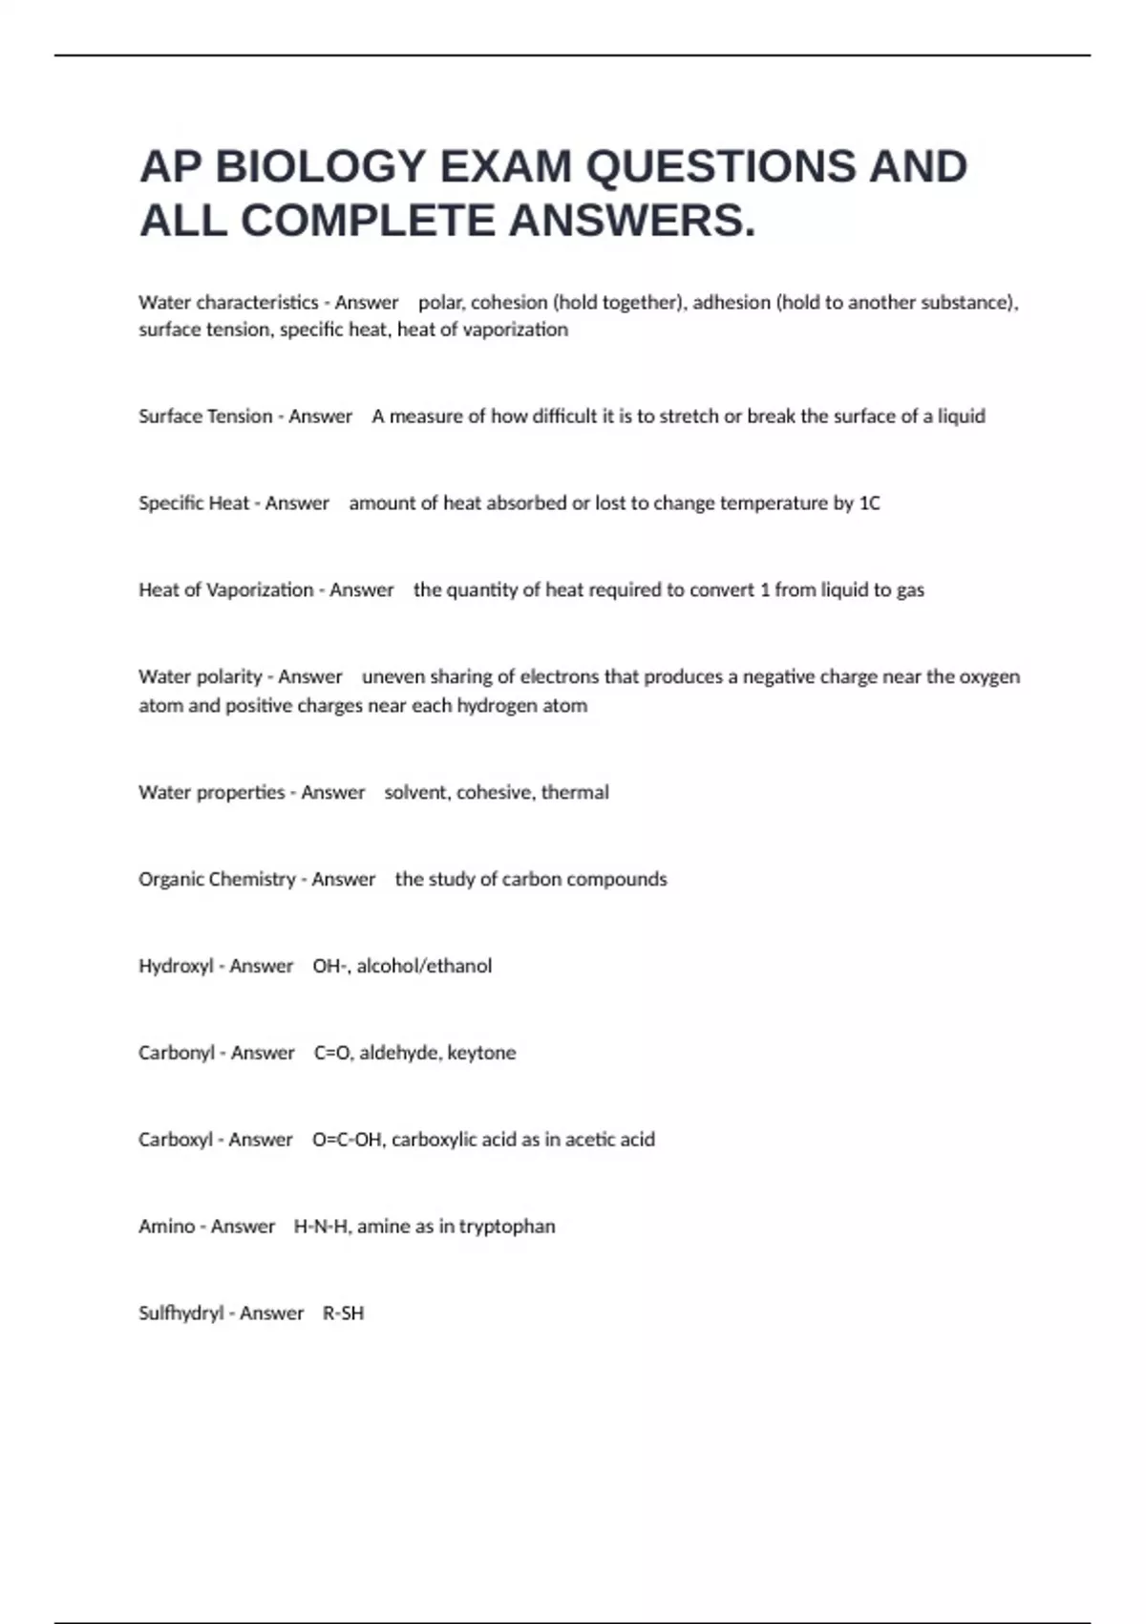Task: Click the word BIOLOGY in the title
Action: pyautogui.click(x=320, y=166)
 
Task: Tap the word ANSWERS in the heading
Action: pyautogui.click(x=632, y=221)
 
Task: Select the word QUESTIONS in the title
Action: pyautogui.click(x=722, y=166)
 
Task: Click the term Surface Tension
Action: pyautogui.click(x=205, y=417)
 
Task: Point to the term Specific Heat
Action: pyautogui.click(x=194, y=503)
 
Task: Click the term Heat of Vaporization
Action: pyautogui.click(x=225, y=590)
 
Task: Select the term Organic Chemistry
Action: pyautogui.click(x=217, y=880)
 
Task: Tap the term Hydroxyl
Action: pyautogui.click(x=176, y=967)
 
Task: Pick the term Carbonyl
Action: pyautogui.click(x=177, y=1053)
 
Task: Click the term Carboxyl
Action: pyautogui.click(x=176, y=1140)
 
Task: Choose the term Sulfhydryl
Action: pyautogui.click(x=180, y=1314)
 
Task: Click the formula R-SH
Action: pyautogui.click(x=344, y=1314)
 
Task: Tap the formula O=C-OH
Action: pyautogui.click(x=348, y=1140)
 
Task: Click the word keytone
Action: pyautogui.click(x=481, y=1053)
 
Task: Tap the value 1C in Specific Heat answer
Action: pyautogui.click(x=869, y=503)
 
